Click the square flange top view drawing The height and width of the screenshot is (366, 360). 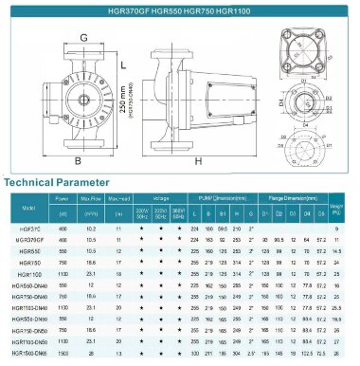[304, 45]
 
